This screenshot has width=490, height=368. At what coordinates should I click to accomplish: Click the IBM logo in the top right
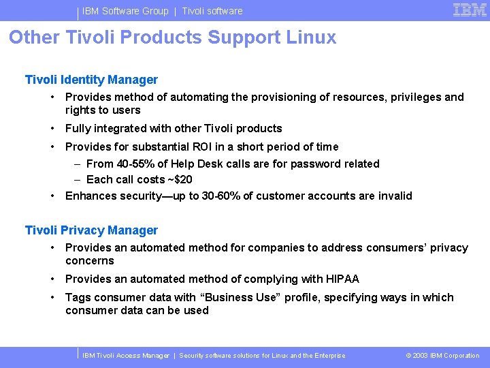click(470, 10)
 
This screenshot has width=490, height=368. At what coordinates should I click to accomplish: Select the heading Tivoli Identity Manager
click(91, 80)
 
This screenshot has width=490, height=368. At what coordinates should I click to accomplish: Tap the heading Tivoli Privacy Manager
click(91, 230)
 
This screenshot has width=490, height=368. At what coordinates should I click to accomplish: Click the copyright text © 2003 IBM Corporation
click(442, 355)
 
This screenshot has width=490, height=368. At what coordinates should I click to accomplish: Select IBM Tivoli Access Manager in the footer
click(126, 355)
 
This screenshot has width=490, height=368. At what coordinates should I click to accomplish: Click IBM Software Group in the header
click(125, 11)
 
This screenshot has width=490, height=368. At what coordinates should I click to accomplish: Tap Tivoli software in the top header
click(212, 11)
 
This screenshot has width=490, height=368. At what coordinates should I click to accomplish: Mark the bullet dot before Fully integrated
click(53, 128)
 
